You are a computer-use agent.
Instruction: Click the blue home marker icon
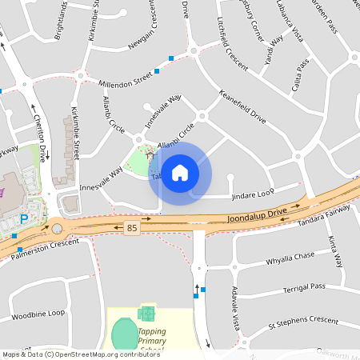coord(180,172)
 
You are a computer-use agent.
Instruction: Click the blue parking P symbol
coord(24,218)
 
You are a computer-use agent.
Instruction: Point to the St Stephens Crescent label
coord(303,321)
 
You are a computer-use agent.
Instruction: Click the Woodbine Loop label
coord(38,314)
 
